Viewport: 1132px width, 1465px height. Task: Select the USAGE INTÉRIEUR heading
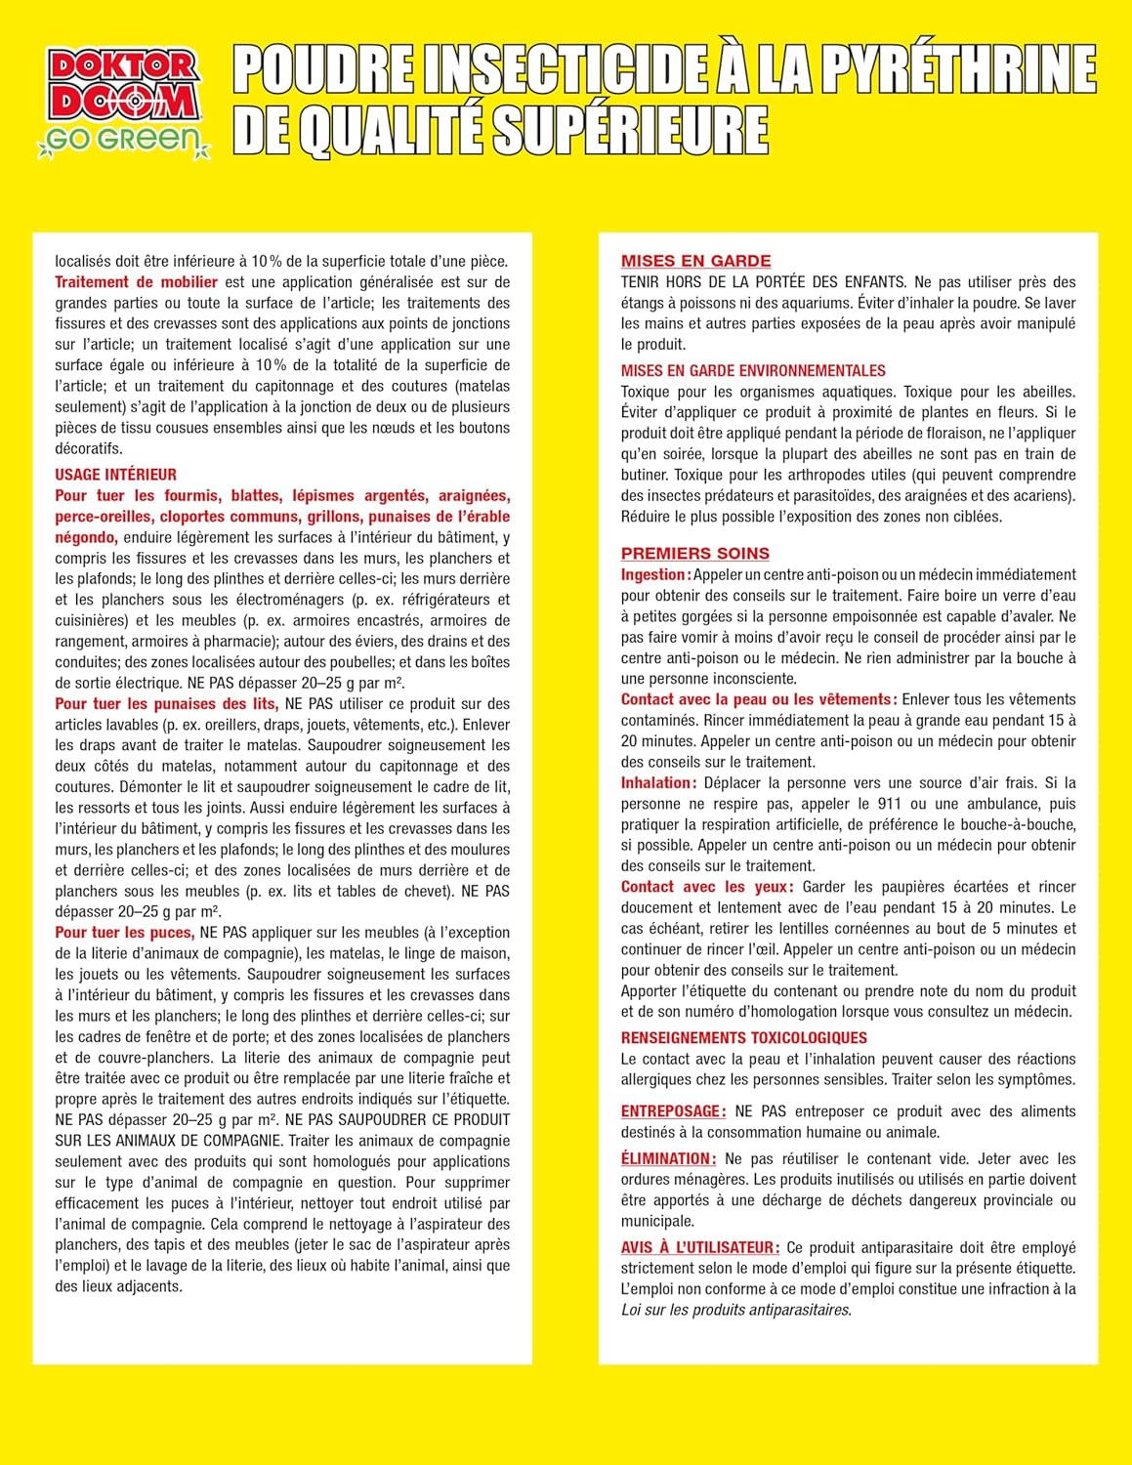coord(115,475)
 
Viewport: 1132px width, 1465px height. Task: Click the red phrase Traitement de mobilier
coord(136,282)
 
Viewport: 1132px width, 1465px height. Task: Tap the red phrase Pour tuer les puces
coord(124,933)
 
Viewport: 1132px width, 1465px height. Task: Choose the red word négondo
coord(86,537)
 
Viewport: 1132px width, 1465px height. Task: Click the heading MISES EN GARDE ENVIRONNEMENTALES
coord(753,371)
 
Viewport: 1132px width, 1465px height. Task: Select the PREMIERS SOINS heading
coord(694,553)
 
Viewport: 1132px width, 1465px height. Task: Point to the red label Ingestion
coord(654,575)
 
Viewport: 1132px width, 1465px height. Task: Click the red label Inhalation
coord(657,783)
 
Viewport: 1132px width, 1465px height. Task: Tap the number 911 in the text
coord(890,804)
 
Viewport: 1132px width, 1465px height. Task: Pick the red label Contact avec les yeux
coord(705,887)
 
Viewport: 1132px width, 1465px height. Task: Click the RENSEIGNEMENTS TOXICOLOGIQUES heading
coord(743,1038)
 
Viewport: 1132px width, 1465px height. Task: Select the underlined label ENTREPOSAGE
coord(672,1111)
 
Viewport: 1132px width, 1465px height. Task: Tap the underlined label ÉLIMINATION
coord(668,1159)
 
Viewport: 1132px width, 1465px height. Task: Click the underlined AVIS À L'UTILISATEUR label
coord(699,1247)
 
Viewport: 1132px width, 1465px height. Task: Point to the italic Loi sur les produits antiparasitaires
coord(735,1310)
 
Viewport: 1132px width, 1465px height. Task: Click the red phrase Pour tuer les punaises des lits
coord(166,704)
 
